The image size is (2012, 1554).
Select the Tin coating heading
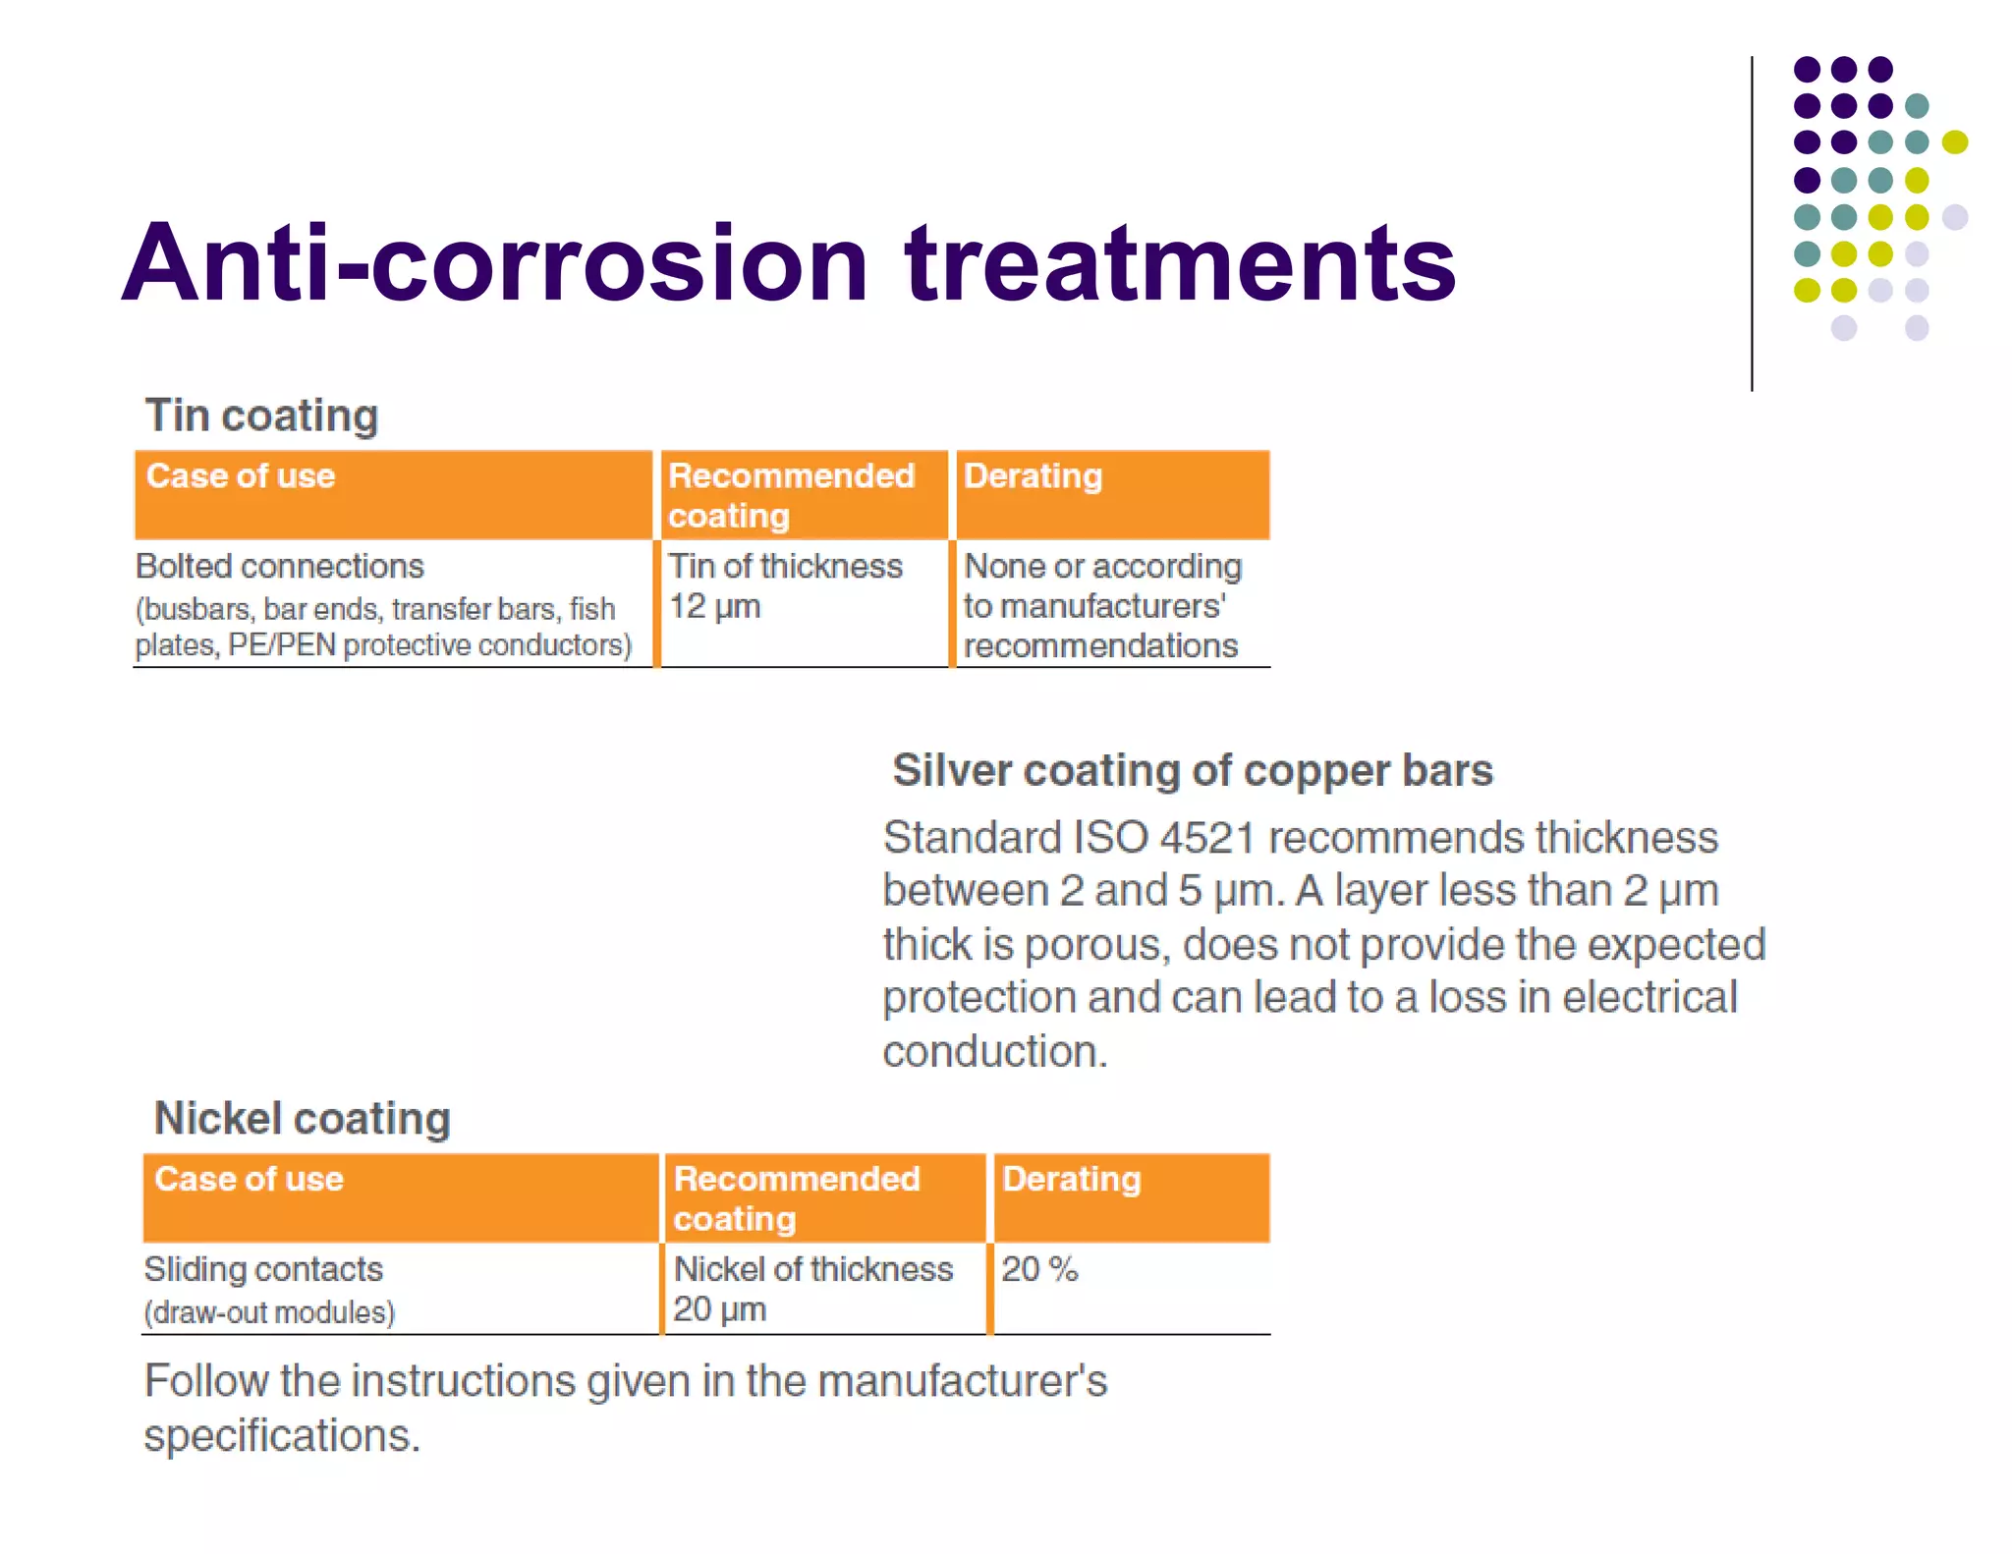[x=261, y=416]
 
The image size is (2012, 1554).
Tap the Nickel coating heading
[x=303, y=1119]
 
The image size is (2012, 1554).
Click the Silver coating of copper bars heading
[x=1192, y=771]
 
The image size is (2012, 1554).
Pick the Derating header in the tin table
[x=1033, y=476]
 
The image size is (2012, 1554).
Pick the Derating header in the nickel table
[x=1071, y=1179]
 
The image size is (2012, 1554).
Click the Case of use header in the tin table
[x=241, y=476]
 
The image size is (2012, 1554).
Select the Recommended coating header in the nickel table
[x=796, y=1197]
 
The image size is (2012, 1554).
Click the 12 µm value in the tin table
[x=714, y=607]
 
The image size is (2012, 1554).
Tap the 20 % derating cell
[x=1039, y=1269]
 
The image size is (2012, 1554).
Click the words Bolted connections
[x=280, y=567]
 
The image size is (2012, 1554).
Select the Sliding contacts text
[x=263, y=1269]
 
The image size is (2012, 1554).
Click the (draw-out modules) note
[x=269, y=1313]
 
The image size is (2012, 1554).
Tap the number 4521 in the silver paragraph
[x=1207, y=838]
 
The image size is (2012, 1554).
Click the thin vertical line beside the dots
[x=1752, y=226]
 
